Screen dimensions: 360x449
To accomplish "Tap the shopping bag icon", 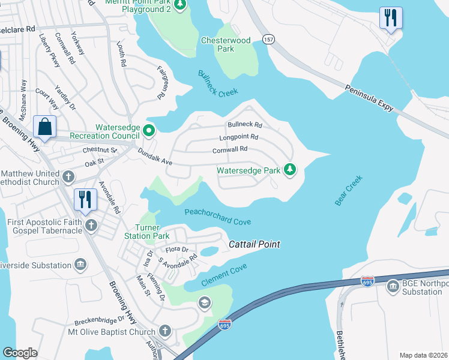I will click(45, 127).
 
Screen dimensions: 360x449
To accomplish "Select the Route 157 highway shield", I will click(268, 39).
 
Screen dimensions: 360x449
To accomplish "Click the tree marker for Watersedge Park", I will click(290, 170).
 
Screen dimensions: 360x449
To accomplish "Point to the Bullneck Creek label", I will click(218, 83).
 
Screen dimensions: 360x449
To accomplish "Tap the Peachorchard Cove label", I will click(217, 217).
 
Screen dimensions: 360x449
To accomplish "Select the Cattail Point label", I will click(255, 245).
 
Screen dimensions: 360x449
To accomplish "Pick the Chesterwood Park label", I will click(226, 44).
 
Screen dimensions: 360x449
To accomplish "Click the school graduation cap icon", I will click(205, 302).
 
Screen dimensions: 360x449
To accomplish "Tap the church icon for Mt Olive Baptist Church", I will click(164, 331).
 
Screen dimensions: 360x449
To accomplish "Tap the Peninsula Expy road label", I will click(369, 98).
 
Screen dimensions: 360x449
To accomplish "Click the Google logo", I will click(20, 353).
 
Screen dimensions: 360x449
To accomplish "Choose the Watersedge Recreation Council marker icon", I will click(149, 129).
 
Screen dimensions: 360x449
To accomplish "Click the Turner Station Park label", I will click(147, 232).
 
